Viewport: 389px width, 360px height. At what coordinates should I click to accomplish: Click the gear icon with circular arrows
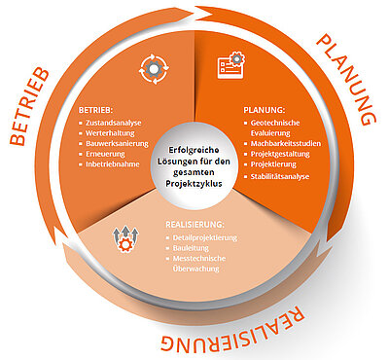point(155,68)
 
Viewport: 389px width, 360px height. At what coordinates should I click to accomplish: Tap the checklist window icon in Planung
point(231,65)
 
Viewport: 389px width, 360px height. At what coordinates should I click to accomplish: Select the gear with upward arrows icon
point(125,239)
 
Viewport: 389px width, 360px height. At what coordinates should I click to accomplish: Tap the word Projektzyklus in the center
point(194,184)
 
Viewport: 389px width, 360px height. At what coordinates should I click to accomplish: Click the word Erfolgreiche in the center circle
point(194,150)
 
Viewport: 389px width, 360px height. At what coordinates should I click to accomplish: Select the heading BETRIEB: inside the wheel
point(95,110)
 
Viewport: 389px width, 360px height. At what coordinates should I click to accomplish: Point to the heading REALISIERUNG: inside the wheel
point(194,225)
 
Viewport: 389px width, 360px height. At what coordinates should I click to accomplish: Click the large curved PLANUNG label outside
point(347,80)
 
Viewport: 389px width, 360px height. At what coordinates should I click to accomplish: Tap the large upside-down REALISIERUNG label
point(232,331)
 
